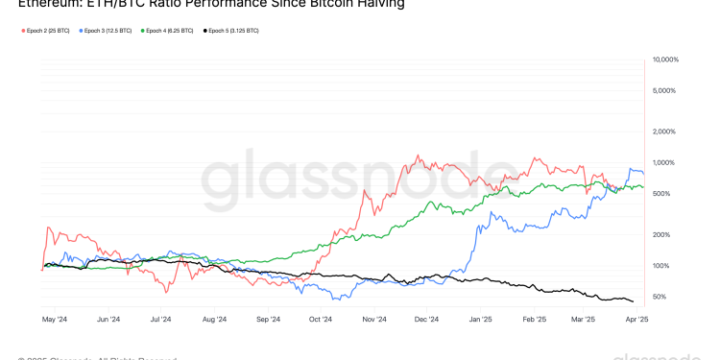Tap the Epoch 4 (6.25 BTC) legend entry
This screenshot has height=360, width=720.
point(168,31)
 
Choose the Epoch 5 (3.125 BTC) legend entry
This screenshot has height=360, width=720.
point(233,31)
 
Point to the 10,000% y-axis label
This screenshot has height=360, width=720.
point(665,60)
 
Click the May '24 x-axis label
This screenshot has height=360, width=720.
point(55,319)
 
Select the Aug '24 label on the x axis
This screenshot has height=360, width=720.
point(215,319)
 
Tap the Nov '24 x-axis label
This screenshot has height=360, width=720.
point(374,319)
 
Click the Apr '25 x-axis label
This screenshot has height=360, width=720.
point(636,319)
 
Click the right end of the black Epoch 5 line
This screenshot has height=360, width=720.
point(633,301)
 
